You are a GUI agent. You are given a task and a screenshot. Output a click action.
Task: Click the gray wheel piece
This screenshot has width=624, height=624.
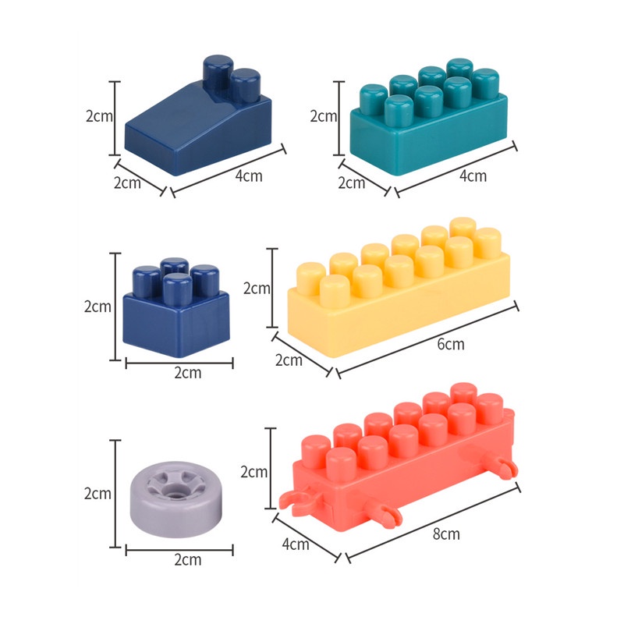pyautogui.click(x=176, y=499)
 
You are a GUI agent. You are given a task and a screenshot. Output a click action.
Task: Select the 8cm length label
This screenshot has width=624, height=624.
pyautogui.click(x=446, y=534)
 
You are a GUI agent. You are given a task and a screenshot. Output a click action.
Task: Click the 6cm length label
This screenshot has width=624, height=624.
pyautogui.click(x=451, y=344)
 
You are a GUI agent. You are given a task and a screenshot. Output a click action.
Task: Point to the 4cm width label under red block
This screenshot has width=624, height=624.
pyautogui.click(x=296, y=544)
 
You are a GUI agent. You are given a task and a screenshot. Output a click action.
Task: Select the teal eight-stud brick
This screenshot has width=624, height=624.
pyautogui.click(x=428, y=117)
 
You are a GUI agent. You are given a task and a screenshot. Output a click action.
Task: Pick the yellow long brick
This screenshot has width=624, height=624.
pyautogui.click(x=399, y=287)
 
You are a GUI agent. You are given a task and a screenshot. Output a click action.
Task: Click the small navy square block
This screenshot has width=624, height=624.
pyautogui.click(x=176, y=307)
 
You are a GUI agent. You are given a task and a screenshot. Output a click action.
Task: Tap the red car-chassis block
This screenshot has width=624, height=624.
pyautogui.click(x=399, y=462)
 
